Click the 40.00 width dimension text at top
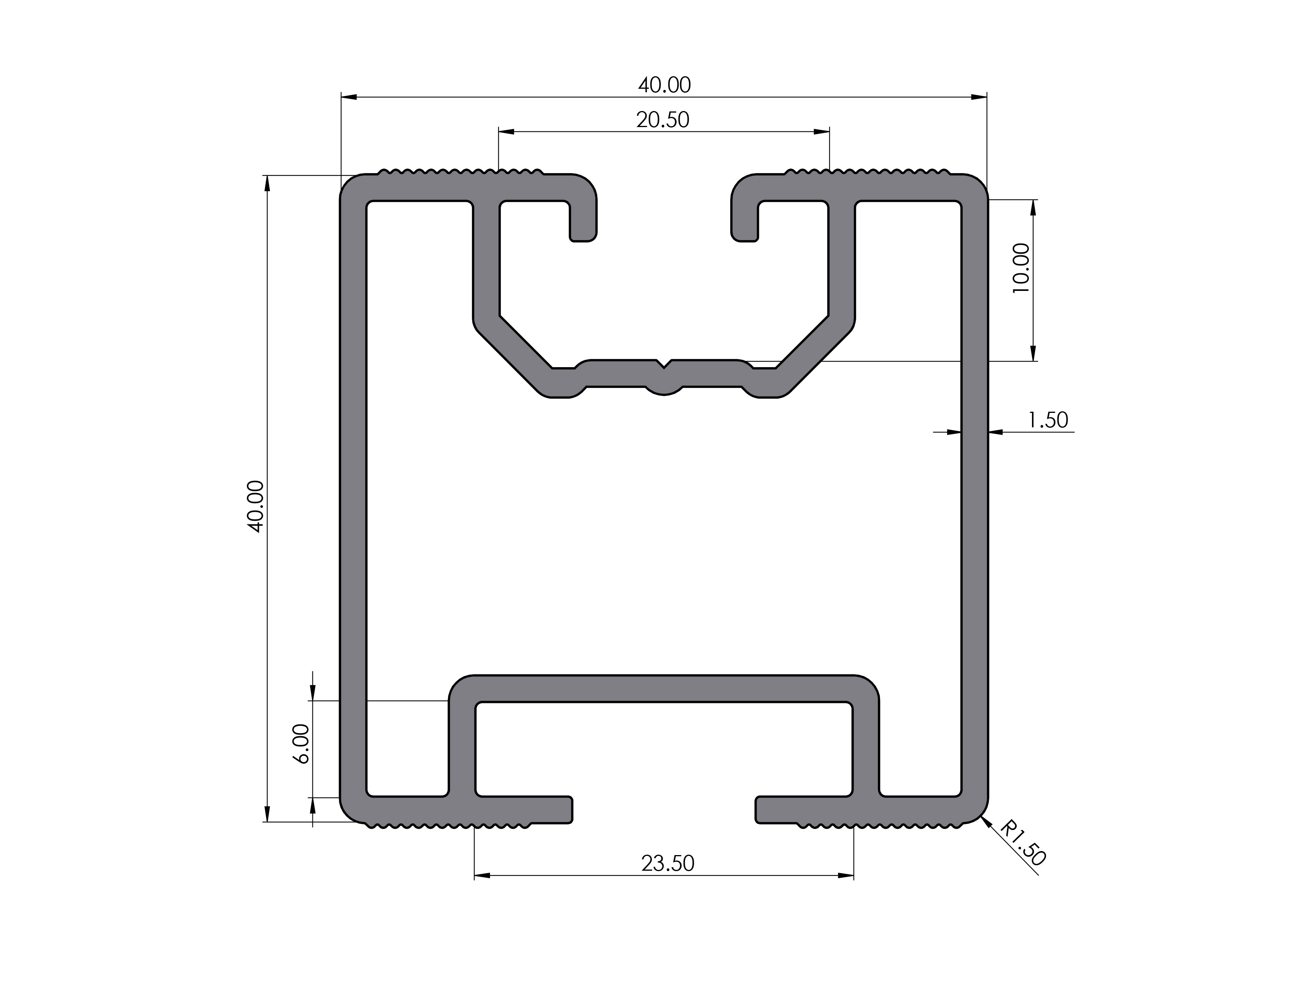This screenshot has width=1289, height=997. coord(664,86)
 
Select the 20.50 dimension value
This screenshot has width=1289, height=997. coord(662,120)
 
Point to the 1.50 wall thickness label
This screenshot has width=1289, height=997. coord(1048,420)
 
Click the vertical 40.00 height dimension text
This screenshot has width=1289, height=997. coord(256,506)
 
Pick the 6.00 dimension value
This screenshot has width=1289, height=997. coord(302,744)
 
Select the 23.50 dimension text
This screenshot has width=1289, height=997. coord(668,864)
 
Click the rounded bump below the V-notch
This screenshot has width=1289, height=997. coord(664,390)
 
